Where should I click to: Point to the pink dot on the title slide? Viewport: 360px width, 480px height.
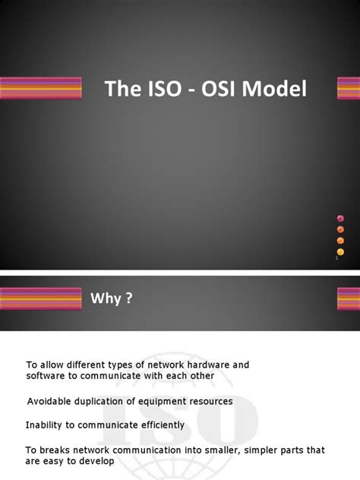[x=340, y=219]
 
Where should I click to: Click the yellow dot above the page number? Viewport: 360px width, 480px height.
[x=340, y=251]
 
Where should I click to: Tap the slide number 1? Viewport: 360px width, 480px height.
[x=336, y=261]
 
